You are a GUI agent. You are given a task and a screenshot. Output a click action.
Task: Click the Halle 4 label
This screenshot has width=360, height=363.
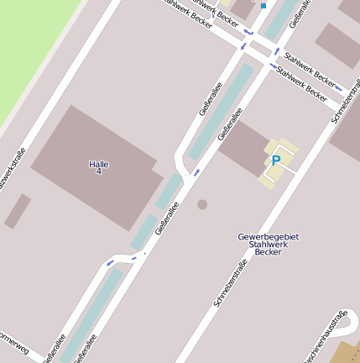[x=99, y=167]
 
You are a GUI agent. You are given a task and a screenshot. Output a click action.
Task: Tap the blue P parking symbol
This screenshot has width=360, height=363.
[x=275, y=160]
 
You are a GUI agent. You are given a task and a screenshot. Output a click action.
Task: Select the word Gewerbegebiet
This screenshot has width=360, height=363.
[x=269, y=236]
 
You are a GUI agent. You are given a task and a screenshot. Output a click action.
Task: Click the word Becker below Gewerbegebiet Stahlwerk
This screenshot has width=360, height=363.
[x=268, y=252]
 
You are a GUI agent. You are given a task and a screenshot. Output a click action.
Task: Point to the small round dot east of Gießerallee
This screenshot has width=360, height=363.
[x=202, y=204]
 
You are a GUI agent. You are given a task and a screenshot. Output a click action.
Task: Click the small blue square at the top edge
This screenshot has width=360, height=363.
[x=263, y=5]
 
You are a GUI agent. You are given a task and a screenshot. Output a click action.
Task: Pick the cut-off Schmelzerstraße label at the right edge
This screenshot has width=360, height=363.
[x=346, y=105]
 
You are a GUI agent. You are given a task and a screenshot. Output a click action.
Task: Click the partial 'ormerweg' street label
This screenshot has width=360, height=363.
[x=14, y=345]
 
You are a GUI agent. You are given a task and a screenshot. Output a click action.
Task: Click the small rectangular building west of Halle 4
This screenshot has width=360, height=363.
[x=18, y=211]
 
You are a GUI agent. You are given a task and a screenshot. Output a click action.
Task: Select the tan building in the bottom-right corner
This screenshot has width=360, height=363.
[x=346, y=353]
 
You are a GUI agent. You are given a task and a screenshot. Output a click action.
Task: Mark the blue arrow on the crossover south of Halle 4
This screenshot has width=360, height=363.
[x=109, y=264]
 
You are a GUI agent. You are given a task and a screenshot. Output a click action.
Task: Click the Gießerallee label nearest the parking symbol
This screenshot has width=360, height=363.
[x=230, y=124]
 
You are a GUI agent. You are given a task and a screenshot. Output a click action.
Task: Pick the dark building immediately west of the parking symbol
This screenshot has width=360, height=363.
[x=244, y=148]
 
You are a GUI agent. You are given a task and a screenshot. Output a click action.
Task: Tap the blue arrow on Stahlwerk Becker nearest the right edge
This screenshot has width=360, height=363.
[x=338, y=87]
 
